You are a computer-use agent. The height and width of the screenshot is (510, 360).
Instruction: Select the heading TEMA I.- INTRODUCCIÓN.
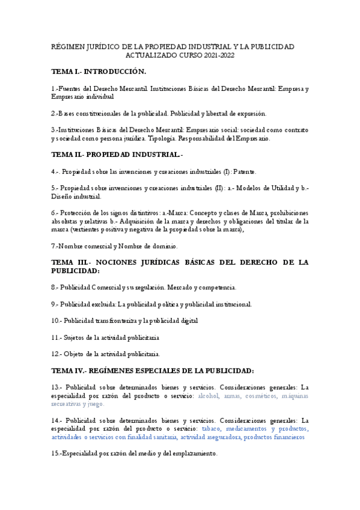point(99,72)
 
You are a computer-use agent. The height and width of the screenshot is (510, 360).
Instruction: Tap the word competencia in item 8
point(216,287)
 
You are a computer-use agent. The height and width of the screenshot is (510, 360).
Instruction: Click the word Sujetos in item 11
point(77,337)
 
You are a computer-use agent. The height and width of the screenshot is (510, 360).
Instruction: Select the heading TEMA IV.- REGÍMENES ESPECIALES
point(153,370)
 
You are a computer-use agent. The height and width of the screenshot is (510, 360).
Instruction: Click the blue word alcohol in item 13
point(209,396)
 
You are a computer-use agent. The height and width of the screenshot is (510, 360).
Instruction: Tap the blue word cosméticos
point(261,396)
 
